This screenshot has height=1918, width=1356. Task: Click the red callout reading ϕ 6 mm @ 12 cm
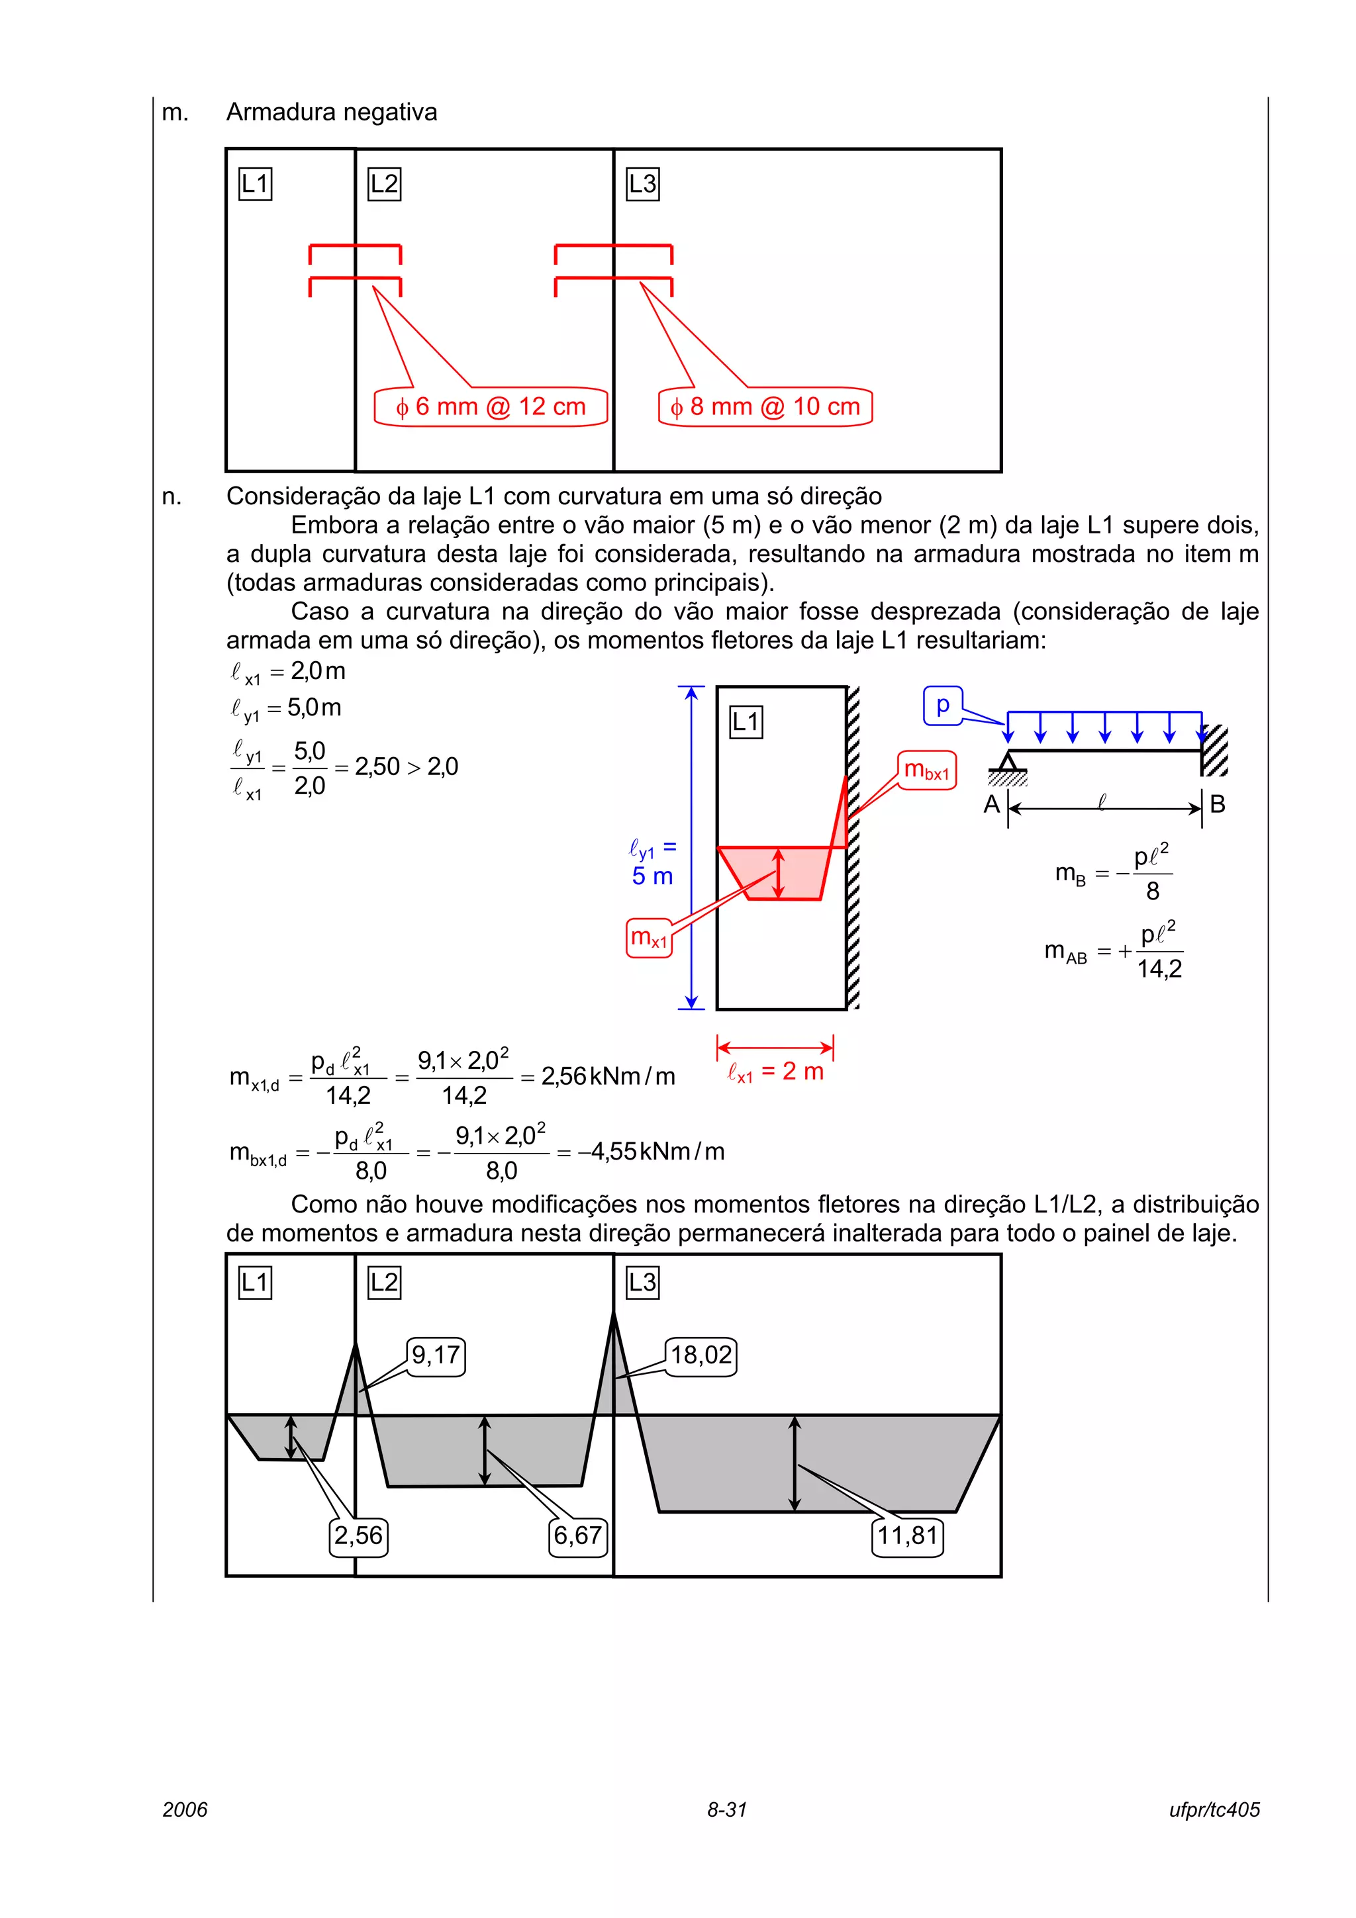click(x=491, y=407)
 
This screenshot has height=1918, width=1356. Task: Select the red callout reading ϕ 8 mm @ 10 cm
click(x=765, y=407)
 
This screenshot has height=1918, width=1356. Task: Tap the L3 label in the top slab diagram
click(x=642, y=184)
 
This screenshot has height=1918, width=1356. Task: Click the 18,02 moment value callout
click(x=701, y=1355)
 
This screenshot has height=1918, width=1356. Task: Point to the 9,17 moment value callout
click(x=435, y=1355)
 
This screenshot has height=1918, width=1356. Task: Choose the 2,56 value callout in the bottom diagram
click(x=358, y=1535)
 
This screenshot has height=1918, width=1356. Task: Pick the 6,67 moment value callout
click(x=577, y=1535)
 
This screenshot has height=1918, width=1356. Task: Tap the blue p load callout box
click(x=942, y=705)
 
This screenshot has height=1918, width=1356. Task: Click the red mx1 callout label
click(x=649, y=937)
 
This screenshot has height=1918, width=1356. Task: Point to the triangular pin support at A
click(x=1008, y=761)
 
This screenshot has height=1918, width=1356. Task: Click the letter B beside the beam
click(x=1218, y=804)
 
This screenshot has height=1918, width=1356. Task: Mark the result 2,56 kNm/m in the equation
click(x=607, y=1076)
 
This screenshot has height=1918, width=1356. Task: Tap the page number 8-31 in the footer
click(x=727, y=1809)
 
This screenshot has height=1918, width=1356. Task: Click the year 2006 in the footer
click(x=185, y=1809)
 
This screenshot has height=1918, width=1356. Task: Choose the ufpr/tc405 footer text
click(x=1214, y=1809)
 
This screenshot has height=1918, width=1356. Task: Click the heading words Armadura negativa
click(x=332, y=112)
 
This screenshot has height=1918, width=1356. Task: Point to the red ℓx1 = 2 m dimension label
click(x=775, y=1072)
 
